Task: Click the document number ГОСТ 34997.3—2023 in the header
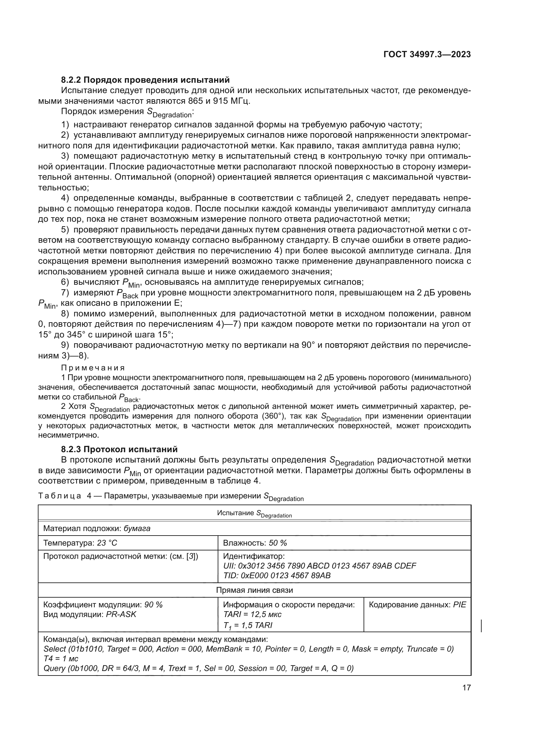[x=427, y=54]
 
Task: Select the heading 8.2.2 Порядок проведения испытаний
[x=145, y=80]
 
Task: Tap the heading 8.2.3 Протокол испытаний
[x=119, y=449]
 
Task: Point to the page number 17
[x=466, y=687]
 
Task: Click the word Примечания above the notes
[x=93, y=368]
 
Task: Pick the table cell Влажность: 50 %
[x=255, y=543]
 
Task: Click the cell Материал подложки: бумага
[x=97, y=528]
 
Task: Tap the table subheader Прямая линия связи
[x=254, y=590]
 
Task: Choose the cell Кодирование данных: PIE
[x=417, y=604]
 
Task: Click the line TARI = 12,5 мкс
[x=252, y=614]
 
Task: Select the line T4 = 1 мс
[x=61, y=658]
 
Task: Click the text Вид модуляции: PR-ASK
[x=90, y=614]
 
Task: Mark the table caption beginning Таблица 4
[x=171, y=496]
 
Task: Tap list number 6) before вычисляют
[x=65, y=282]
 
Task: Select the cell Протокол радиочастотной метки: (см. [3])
[x=121, y=557]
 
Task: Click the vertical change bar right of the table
[x=481, y=626]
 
